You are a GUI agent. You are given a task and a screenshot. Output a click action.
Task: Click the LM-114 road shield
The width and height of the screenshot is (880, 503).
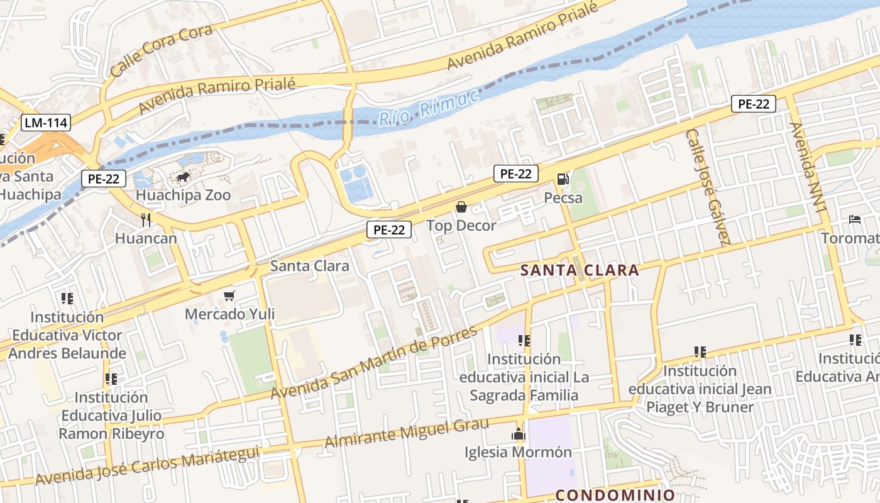point(46,122)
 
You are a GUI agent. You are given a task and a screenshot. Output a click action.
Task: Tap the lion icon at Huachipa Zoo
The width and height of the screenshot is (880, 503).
point(183,178)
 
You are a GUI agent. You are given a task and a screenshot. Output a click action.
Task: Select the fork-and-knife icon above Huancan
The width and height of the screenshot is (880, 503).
point(146,219)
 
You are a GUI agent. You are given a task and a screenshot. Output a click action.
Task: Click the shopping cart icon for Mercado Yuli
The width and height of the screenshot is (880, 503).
point(229,296)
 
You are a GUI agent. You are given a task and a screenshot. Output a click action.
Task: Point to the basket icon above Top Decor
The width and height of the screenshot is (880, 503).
point(461,207)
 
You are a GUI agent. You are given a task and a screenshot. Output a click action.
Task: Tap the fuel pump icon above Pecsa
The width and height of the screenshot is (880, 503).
point(563,180)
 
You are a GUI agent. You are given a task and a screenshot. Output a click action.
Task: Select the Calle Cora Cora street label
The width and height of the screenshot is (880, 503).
point(153,51)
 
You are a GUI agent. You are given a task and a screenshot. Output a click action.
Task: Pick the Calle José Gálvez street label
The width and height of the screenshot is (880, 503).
point(708,187)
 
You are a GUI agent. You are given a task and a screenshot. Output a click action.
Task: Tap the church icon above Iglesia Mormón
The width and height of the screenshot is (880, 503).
point(518,434)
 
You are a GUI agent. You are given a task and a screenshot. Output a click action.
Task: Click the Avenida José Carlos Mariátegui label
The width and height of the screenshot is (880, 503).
point(147,465)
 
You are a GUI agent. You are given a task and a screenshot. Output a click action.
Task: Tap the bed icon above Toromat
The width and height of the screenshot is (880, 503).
point(855,219)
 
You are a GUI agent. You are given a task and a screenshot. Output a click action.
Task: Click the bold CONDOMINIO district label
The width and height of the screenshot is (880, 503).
point(615,495)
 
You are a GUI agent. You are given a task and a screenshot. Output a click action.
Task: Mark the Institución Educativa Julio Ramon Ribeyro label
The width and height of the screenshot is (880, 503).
point(111,416)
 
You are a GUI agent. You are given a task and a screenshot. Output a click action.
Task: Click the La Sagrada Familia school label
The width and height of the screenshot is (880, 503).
point(524,377)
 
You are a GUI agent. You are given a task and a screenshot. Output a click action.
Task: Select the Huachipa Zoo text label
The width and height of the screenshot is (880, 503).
point(183,195)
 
